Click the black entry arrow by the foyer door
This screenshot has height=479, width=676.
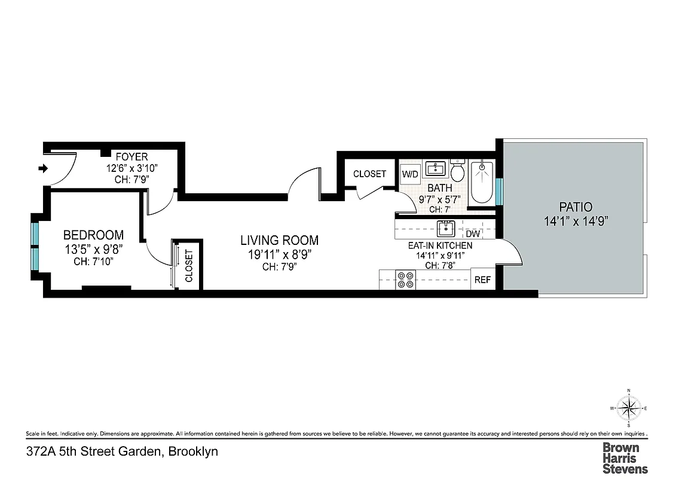(42, 169)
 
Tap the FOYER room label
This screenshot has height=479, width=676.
(131, 157)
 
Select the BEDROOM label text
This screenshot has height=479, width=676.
(94, 235)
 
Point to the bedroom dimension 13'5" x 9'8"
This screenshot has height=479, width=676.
(94, 249)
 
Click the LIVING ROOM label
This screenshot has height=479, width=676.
(279, 241)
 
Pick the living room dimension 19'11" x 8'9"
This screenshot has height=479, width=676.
(279, 254)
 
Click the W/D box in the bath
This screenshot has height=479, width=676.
(410, 174)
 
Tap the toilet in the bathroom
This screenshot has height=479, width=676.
(457, 172)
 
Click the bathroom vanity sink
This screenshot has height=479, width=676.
(435, 169)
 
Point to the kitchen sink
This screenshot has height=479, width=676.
(445, 229)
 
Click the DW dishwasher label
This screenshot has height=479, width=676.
(473, 234)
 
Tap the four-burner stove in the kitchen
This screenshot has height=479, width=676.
(406, 280)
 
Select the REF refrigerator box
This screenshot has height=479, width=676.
(482, 280)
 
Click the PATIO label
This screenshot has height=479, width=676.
(575, 207)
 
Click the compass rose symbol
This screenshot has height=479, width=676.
(628, 409)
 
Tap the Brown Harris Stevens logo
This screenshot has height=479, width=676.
(625, 457)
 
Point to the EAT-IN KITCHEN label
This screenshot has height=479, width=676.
(440, 245)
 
